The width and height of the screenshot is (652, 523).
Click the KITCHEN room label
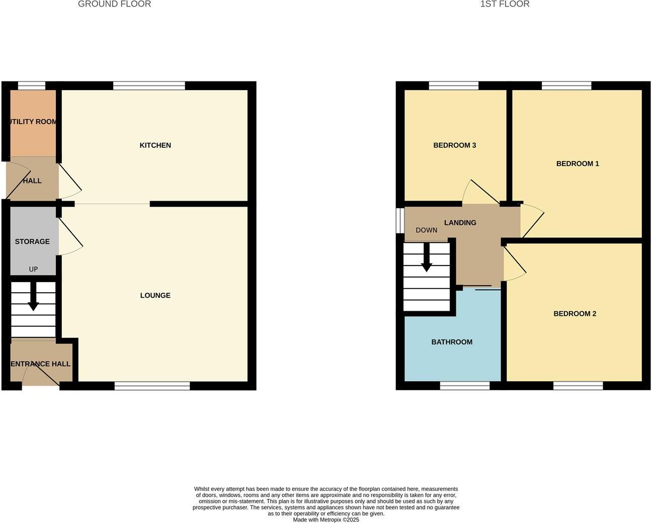coord(155,145)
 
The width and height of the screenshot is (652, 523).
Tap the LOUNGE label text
coord(155,295)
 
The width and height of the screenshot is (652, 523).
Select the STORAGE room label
coord(32,241)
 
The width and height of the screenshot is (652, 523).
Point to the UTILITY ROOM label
coord(32,122)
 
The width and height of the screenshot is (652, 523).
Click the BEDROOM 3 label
coord(454,145)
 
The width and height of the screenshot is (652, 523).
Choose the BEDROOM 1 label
coord(577,163)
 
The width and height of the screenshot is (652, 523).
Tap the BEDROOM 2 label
coord(575,314)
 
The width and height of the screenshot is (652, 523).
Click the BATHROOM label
coord(452,342)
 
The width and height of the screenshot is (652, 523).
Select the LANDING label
coord(460,223)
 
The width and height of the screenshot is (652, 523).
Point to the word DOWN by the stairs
coord(426,230)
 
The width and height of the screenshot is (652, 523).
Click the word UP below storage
coord(33,269)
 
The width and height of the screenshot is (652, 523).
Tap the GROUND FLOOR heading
coord(114,4)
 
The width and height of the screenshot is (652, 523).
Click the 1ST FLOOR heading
coord(505,4)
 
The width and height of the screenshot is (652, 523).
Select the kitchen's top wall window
coord(149,86)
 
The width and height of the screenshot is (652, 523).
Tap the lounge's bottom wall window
coord(152,386)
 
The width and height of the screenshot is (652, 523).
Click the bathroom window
coord(464,386)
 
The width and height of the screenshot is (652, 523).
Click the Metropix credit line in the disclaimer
coord(326,520)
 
